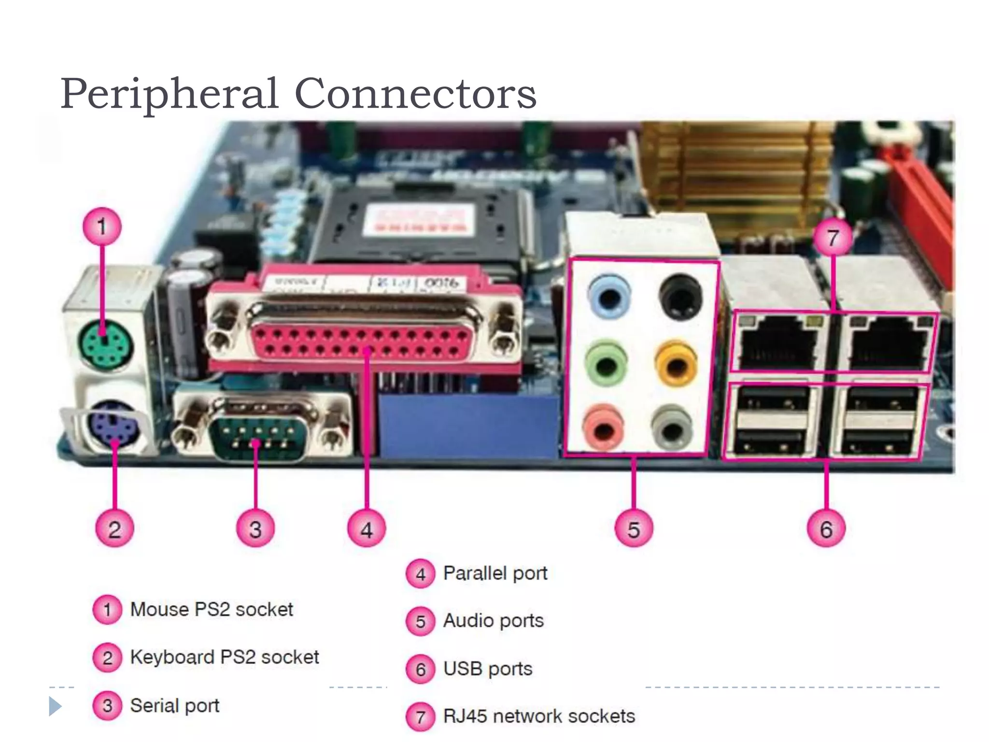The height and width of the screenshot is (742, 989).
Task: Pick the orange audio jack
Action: pos(677,363)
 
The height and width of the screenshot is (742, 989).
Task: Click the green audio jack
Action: pos(607,363)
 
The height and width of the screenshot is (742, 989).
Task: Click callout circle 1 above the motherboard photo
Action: pos(102,227)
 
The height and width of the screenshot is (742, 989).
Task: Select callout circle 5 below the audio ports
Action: pos(634,529)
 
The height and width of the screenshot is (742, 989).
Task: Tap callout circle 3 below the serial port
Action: pos(255,529)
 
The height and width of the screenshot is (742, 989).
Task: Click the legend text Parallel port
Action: pos(495,573)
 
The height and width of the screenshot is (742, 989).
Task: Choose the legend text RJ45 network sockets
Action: pos(539,716)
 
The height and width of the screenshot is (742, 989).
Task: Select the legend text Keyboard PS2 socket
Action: pos(225,657)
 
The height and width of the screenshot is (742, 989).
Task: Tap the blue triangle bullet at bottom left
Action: pos(55,706)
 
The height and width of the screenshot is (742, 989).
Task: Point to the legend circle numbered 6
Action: pos(421,669)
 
